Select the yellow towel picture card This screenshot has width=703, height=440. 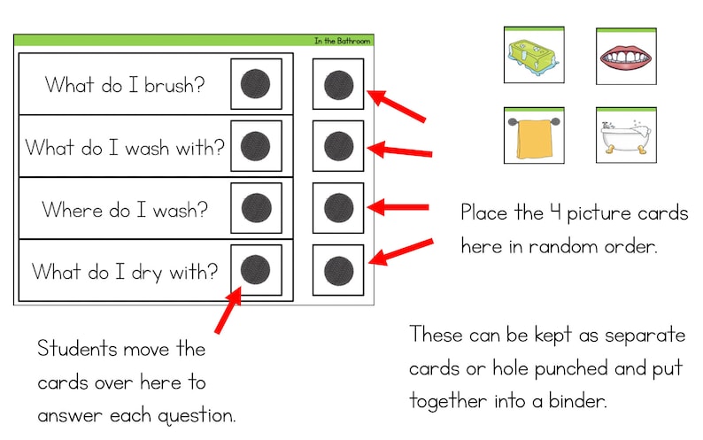(x=534, y=135)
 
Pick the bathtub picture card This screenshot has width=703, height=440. (x=626, y=135)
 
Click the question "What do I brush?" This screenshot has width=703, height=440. (x=125, y=85)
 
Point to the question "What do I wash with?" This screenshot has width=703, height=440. (x=125, y=147)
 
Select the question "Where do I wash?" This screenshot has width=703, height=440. (x=125, y=210)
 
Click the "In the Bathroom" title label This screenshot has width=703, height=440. (x=342, y=41)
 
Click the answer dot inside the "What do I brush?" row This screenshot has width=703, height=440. (x=256, y=84)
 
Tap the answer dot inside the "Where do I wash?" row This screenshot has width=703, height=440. (x=256, y=208)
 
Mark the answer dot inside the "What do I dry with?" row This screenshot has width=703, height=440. (x=256, y=269)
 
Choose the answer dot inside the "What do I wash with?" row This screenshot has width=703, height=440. (x=256, y=146)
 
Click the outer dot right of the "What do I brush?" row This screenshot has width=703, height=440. (x=338, y=85)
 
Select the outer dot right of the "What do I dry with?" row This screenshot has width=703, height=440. (x=338, y=269)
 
